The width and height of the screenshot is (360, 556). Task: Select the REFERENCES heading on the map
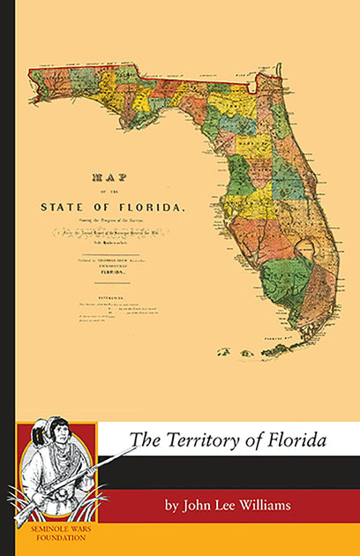[x=111, y=297]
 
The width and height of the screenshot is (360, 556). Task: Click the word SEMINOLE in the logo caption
[x=41, y=537]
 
